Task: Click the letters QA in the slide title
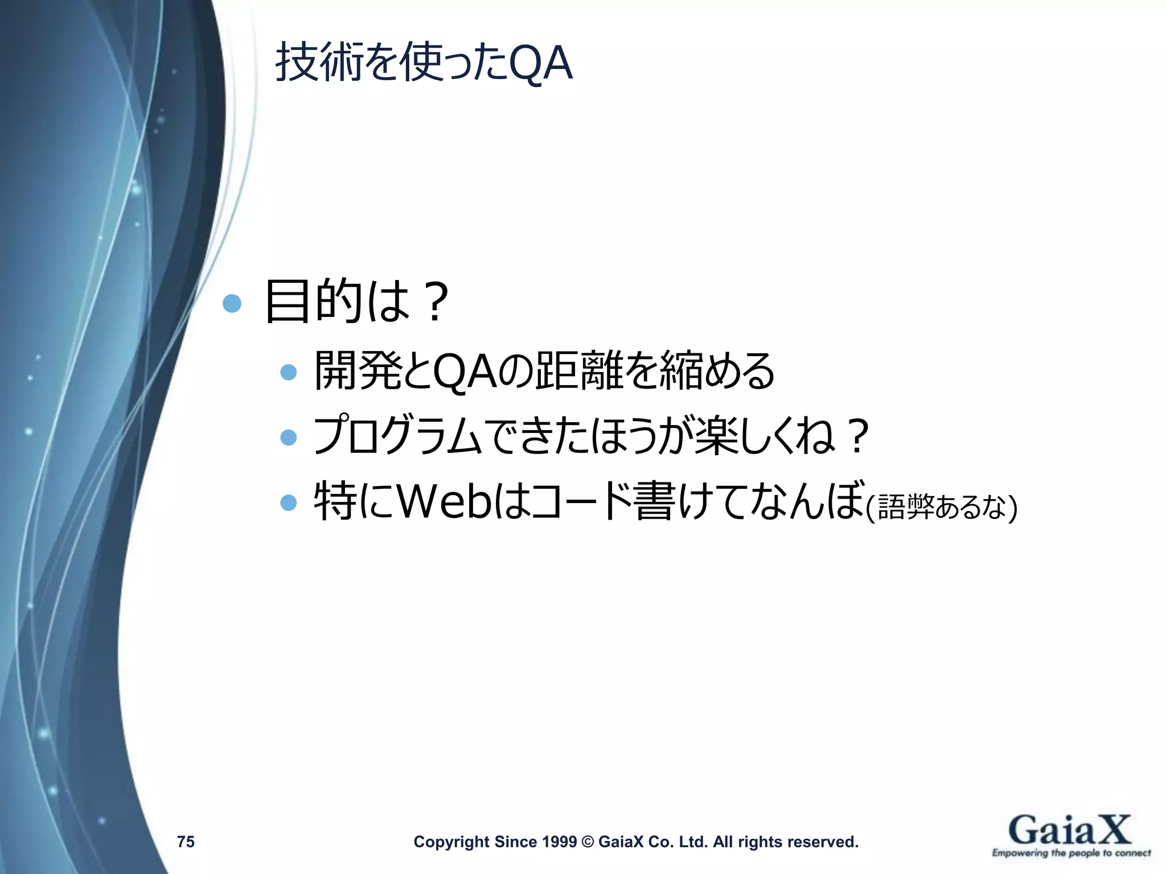point(540,63)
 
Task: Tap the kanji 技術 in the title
point(319,63)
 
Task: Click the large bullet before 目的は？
point(232,303)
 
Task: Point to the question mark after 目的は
point(436,303)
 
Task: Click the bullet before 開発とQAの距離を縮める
point(289,372)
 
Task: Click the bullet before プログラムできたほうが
point(289,437)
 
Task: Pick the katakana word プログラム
point(398,436)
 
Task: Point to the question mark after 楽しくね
point(856,436)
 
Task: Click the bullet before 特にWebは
point(289,502)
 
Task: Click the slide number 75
point(186,842)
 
